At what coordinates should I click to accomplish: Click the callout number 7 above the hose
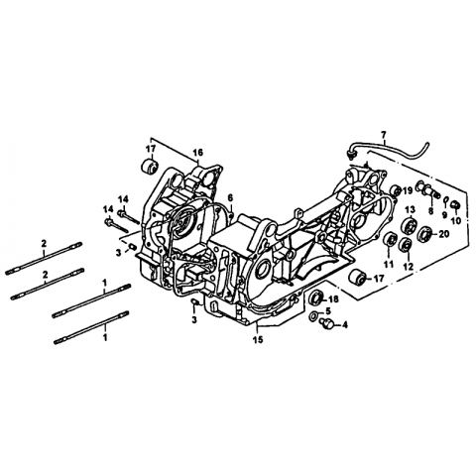tap(383, 135)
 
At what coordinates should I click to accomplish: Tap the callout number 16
tap(198, 153)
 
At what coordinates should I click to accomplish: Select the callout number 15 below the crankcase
tap(258, 339)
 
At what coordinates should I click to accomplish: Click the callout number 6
tap(230, 197)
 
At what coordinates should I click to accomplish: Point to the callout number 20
tap(444, 234)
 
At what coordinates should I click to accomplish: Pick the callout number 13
tap(410, 209)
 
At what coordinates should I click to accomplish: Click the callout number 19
tap(408, 190)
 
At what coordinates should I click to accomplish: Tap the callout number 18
tap(334, 299)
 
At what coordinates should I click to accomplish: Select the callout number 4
tap(345, 325)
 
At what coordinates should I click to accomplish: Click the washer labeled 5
tap(313, 317)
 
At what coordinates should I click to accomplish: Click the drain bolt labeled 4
tap(327, 323)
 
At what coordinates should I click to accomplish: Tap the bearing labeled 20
tap(424, 234)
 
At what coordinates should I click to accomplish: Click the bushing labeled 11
tap(390, 239)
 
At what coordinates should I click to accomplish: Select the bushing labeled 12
tap(406, 244)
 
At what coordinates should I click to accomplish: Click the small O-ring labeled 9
tap(445, 199)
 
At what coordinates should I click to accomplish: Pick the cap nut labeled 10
tap(456, 204)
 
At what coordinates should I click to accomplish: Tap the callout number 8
tap(430, 211)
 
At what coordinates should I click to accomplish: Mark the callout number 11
tap(389, 264)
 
